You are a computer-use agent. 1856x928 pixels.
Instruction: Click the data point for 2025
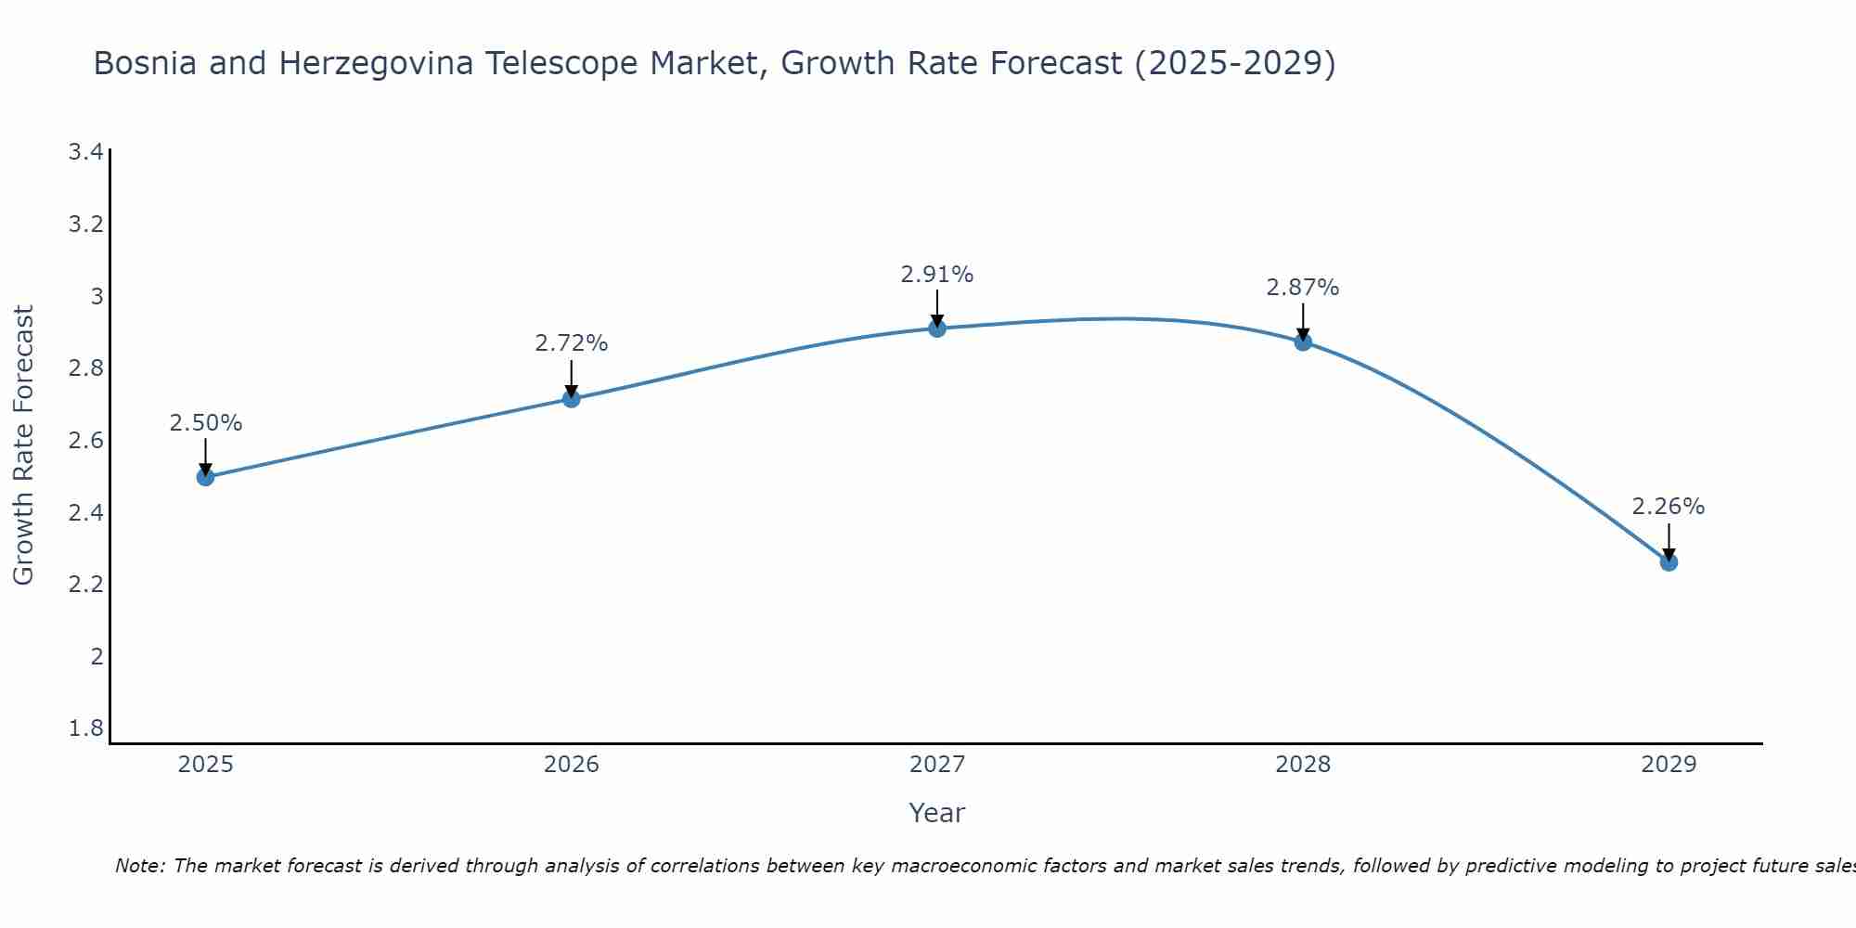tap(206, 477)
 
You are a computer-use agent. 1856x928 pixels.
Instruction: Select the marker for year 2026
tap(572, 399)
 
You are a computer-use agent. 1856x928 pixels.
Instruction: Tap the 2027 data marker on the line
tap(937, 329)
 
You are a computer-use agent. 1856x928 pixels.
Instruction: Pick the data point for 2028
tap(1303, 342)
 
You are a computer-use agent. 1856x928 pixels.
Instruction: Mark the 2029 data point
tap(1669, 562)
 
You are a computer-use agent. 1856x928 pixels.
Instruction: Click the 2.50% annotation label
tap(206, 423)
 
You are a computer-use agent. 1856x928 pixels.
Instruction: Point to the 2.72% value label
tap(572, 343)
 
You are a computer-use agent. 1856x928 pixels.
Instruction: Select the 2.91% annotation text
tap(937, 275)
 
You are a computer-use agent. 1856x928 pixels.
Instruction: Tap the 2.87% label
tap(1303, 288)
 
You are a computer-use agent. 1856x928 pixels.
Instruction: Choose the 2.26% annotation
tap(1669, 507)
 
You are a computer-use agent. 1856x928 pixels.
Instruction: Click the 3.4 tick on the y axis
tap(85, 152)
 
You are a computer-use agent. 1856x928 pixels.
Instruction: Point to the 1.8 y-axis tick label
tap(85, 728)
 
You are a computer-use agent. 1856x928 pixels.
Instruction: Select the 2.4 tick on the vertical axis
tap(85, 512)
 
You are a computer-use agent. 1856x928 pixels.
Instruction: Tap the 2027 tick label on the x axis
tap(937, 765)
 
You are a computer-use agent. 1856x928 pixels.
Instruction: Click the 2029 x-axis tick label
tap(1669, 765)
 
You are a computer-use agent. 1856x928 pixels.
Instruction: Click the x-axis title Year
tap(937, 813)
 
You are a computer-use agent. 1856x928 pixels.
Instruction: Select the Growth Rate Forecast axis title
tap(23, 445)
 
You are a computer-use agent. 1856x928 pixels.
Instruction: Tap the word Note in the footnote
tap(139, 866)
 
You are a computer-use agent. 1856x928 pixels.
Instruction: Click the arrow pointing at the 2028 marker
tap(1303, 320)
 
